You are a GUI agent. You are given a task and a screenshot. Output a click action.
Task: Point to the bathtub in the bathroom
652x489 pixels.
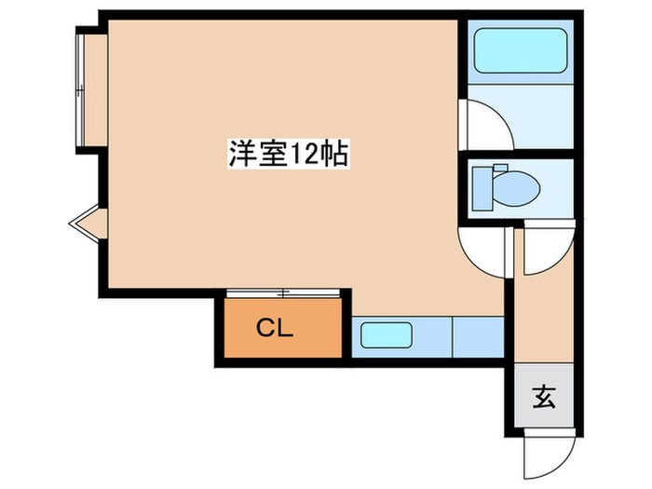coord(522,50)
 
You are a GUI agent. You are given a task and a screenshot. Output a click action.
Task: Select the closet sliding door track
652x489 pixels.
coord(284,293)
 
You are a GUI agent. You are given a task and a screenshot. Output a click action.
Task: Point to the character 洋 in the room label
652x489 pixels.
coord(241,154)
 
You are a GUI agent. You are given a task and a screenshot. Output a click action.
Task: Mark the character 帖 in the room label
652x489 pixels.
coord(335,154)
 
